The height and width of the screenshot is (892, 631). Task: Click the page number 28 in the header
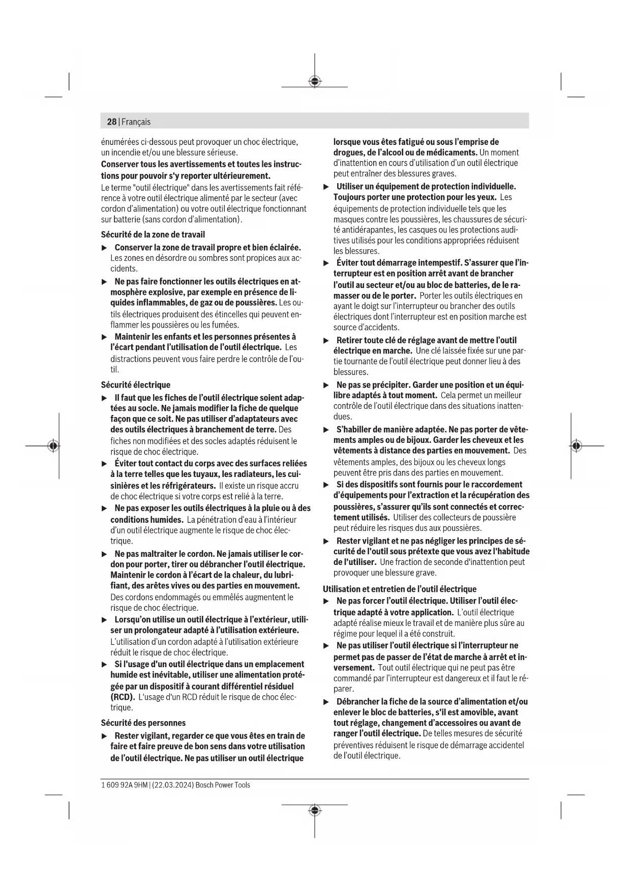click(x=111, y=122)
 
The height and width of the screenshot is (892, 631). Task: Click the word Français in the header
click(x=136, y=122)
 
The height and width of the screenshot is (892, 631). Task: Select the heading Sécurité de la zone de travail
click(x=153, y=234)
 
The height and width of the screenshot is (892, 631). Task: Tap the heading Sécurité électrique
click(x=135, y=385)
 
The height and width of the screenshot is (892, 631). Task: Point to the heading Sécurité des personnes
click(x=143, y=723)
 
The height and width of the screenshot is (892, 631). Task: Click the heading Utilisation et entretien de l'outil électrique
click(x=400, y=589)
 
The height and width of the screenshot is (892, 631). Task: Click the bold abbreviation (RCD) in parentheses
click(x=123, y=697)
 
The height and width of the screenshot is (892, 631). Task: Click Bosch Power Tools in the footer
click(x=223, y=785)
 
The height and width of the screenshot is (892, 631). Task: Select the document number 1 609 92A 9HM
click(x=124, y=785)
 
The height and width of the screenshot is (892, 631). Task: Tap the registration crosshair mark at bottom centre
click(x=315, y=810)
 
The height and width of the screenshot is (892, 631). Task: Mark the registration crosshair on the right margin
click(x=576, y=446)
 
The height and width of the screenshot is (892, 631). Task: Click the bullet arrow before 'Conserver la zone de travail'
click(x=105, y=248)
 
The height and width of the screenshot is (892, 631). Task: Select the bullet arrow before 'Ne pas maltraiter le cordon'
click(x=105, y=554)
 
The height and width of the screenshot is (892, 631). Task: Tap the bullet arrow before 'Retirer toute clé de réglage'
click(x=327, y=340)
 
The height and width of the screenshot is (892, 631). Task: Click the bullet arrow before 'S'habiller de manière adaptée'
click(x=327, y=430)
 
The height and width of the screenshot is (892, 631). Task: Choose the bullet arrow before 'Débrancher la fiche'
click(x=327, y=702)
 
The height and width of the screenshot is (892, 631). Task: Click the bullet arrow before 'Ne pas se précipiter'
click(x=327, y=385)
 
